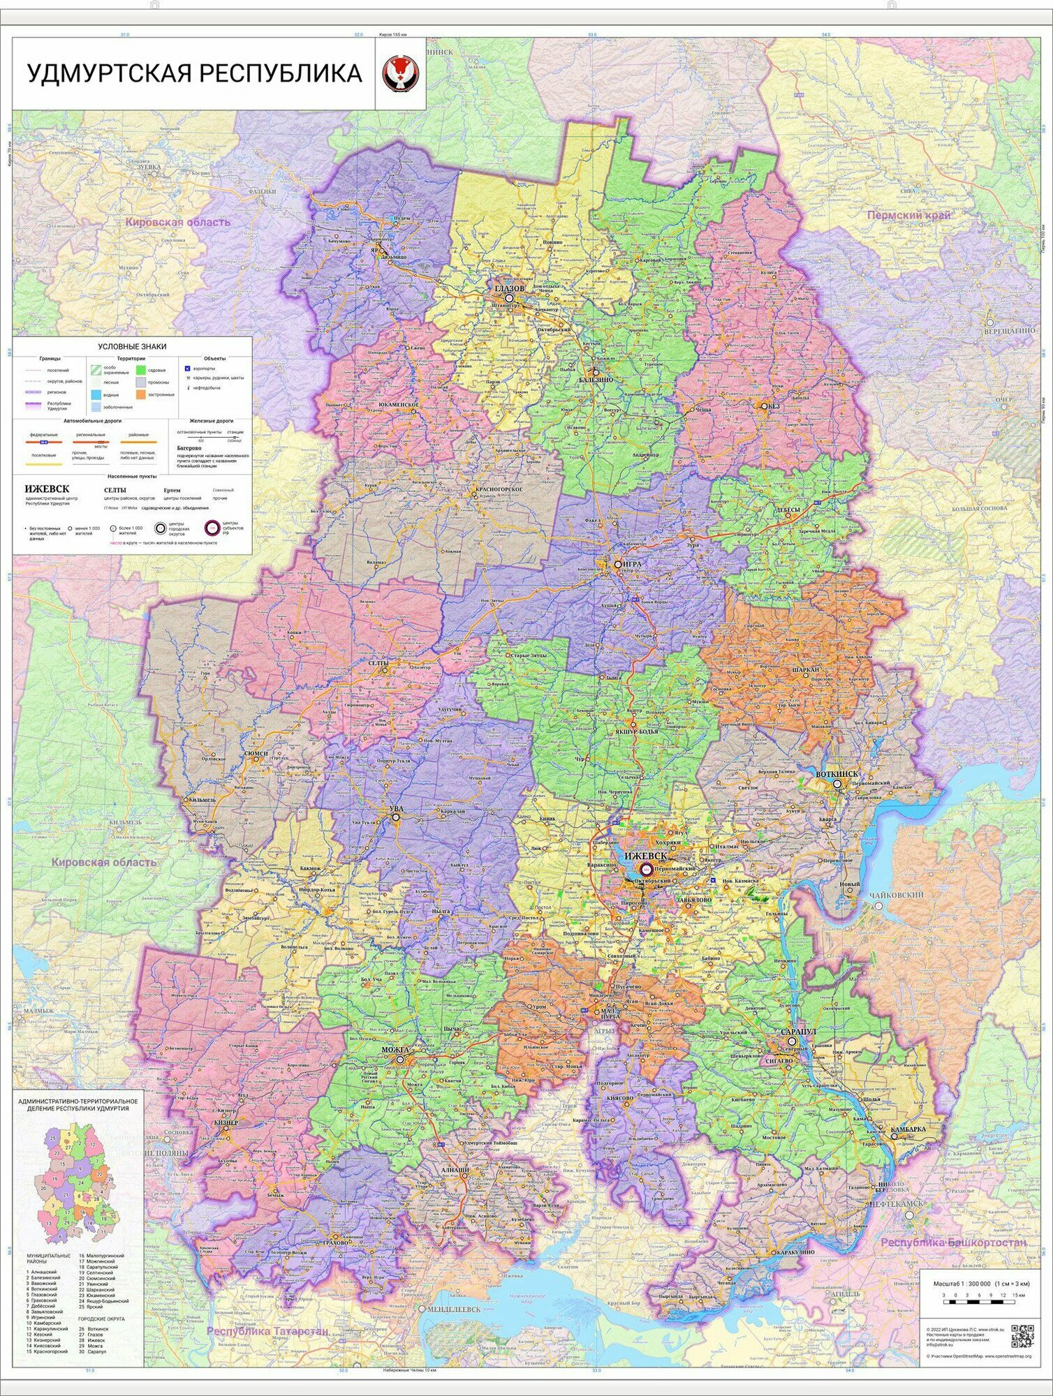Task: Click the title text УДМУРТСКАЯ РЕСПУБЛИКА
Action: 194,73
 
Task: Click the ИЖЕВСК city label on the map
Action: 645,856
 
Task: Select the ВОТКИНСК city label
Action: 837,775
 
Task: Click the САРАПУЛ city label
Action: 798,1031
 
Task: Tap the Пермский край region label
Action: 908,215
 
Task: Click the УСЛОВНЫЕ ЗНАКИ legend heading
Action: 132,346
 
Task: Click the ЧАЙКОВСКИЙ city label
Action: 896,895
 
